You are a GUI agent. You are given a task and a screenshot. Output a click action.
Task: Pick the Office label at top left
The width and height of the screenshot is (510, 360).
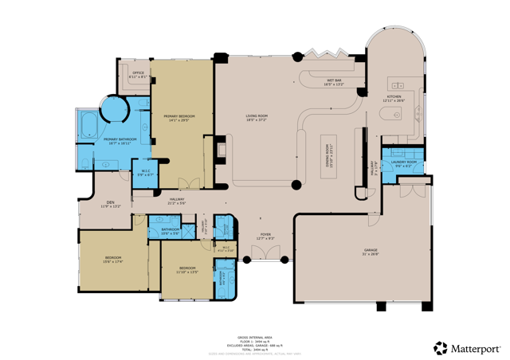[138, 74]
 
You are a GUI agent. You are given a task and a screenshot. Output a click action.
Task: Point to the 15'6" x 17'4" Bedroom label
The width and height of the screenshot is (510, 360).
[113, 260]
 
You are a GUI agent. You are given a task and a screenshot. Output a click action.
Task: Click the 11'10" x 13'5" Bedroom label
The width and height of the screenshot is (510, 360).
[187, 269]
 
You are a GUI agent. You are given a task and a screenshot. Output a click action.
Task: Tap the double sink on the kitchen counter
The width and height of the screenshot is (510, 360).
[397, 84]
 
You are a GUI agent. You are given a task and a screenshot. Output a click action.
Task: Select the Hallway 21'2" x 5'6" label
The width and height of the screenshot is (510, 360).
[176, 201]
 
